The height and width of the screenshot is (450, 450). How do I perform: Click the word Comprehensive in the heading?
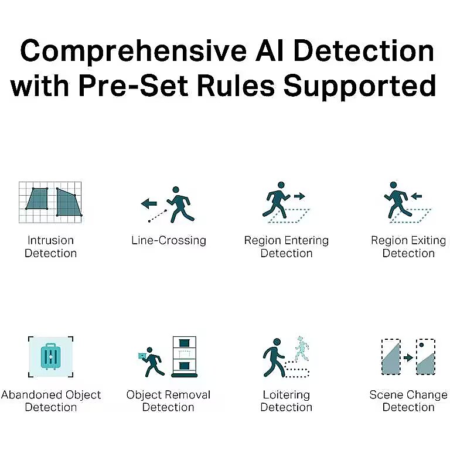pyautogui.click(x=133, y=52)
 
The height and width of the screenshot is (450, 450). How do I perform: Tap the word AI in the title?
pyautogui.click(x=270, y=51)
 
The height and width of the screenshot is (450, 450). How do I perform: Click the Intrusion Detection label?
pyautogui.click(x=50, y=247)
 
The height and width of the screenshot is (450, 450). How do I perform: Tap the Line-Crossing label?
pyautogui.click(x=169, y=240)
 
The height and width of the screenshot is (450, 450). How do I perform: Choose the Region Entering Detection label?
pyautogui.click(x=287, y=247)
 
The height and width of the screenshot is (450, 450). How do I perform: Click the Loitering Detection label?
pyautogui.click(x=287, y=401)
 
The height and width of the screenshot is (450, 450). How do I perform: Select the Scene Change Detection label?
pyautogui.click(x=408, y=401)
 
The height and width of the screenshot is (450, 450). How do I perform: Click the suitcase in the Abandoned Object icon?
pyautogui.click(x=50, y=356)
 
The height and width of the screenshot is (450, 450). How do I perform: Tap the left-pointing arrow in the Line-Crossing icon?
pyautogui.click(x=149, y=203)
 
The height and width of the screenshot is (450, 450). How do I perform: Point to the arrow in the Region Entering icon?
pyautogui.click(x=299, y=196)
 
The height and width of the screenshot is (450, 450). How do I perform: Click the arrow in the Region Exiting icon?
pyautogui.click(x=416, y=196)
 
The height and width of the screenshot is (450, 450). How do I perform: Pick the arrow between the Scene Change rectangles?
pyautogui.click(x=408, y=357)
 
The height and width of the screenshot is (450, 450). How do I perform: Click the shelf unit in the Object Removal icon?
pyautogui.click(x=184, y=356)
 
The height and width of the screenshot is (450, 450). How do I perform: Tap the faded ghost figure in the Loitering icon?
pyautogui.click(x=302, y=348)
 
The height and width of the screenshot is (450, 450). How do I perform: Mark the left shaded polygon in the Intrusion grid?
pyautogui.click(x=37, y=199)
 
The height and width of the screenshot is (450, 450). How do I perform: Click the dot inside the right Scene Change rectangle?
pyautogui.click(x=421, y=345)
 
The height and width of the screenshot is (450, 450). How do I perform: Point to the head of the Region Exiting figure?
pyautogui.click(x=394, y=185)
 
